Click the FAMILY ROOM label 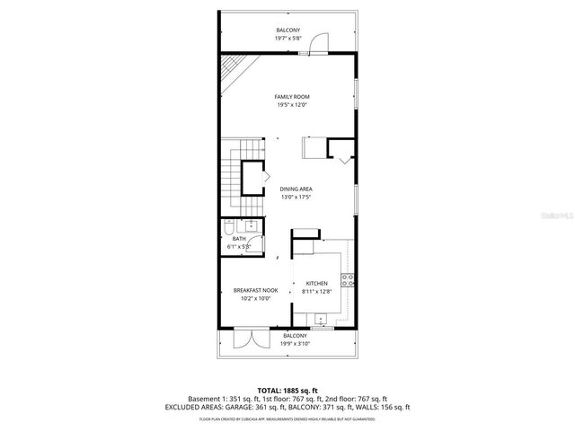pos(291,96)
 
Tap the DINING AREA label pos(296,189)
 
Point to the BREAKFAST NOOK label pos(256,290)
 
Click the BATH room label pos(239,239)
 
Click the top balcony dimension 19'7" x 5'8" pos(288,39)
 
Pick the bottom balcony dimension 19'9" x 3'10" pos(294,344)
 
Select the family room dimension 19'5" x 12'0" pos(291,105)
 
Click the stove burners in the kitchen pos(346,284)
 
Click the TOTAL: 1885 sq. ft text pos(287,391)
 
